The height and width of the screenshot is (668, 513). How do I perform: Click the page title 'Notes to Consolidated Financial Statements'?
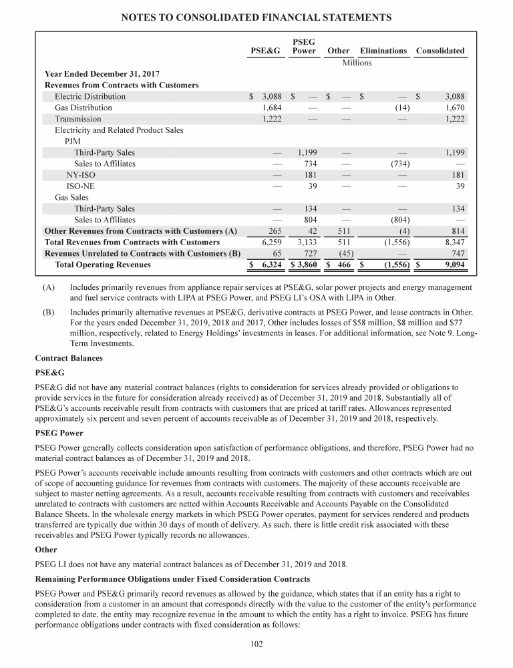tap(256, 15)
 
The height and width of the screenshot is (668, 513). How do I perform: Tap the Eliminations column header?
tap(383, 51)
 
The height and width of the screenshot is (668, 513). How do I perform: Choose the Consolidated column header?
tap(440, 51)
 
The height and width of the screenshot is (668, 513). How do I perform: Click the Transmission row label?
tap(78, 119)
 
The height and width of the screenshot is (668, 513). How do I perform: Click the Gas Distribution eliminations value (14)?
tap(402, 108)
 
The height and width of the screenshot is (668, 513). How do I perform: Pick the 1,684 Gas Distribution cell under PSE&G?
tap(271, 108)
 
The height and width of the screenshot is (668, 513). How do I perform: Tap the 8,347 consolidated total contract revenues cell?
tap(454, 242)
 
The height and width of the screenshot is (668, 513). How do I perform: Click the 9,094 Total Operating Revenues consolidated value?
tap(454, 265)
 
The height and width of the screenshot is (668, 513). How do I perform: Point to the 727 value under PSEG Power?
tap(309, 254)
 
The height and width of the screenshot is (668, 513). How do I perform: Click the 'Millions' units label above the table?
tap(357, 63)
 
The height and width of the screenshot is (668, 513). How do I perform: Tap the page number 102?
tap(256, 644)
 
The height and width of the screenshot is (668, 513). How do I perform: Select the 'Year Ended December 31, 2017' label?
tap(98, 74)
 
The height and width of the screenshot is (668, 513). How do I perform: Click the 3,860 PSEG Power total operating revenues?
tap(305, 265)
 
